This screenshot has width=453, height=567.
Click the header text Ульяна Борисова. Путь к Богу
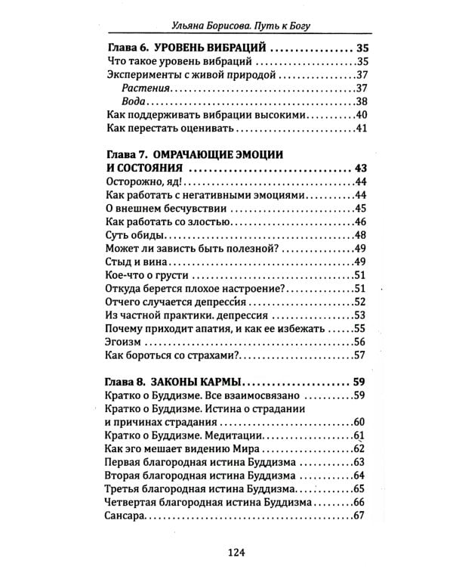226,24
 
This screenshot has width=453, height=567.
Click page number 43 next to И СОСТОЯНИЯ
359,168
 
